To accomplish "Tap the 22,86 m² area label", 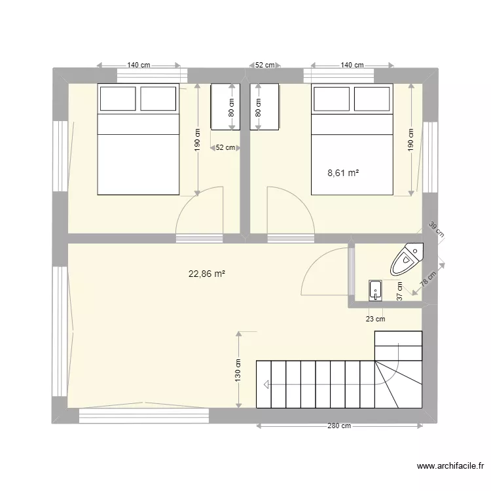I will click(x=207, y=275).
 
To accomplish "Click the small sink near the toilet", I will click(x=375, y=289).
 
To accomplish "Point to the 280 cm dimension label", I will click(x=340, y=426).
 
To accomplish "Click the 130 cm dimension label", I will click(x=238, y=371).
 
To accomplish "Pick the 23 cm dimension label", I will click(x=376, y=319).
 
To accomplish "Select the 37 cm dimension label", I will click(x=400, y=290).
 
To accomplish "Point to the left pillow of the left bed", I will click(x=117, y=99).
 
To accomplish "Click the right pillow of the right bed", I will click(x=373, y=99).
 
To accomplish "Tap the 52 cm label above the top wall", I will click(x=264, y=65).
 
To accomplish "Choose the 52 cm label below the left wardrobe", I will click(x=225, y=148).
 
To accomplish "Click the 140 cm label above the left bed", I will click(x=138, y=65).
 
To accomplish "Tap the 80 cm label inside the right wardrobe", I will click(x=258, y=107).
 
